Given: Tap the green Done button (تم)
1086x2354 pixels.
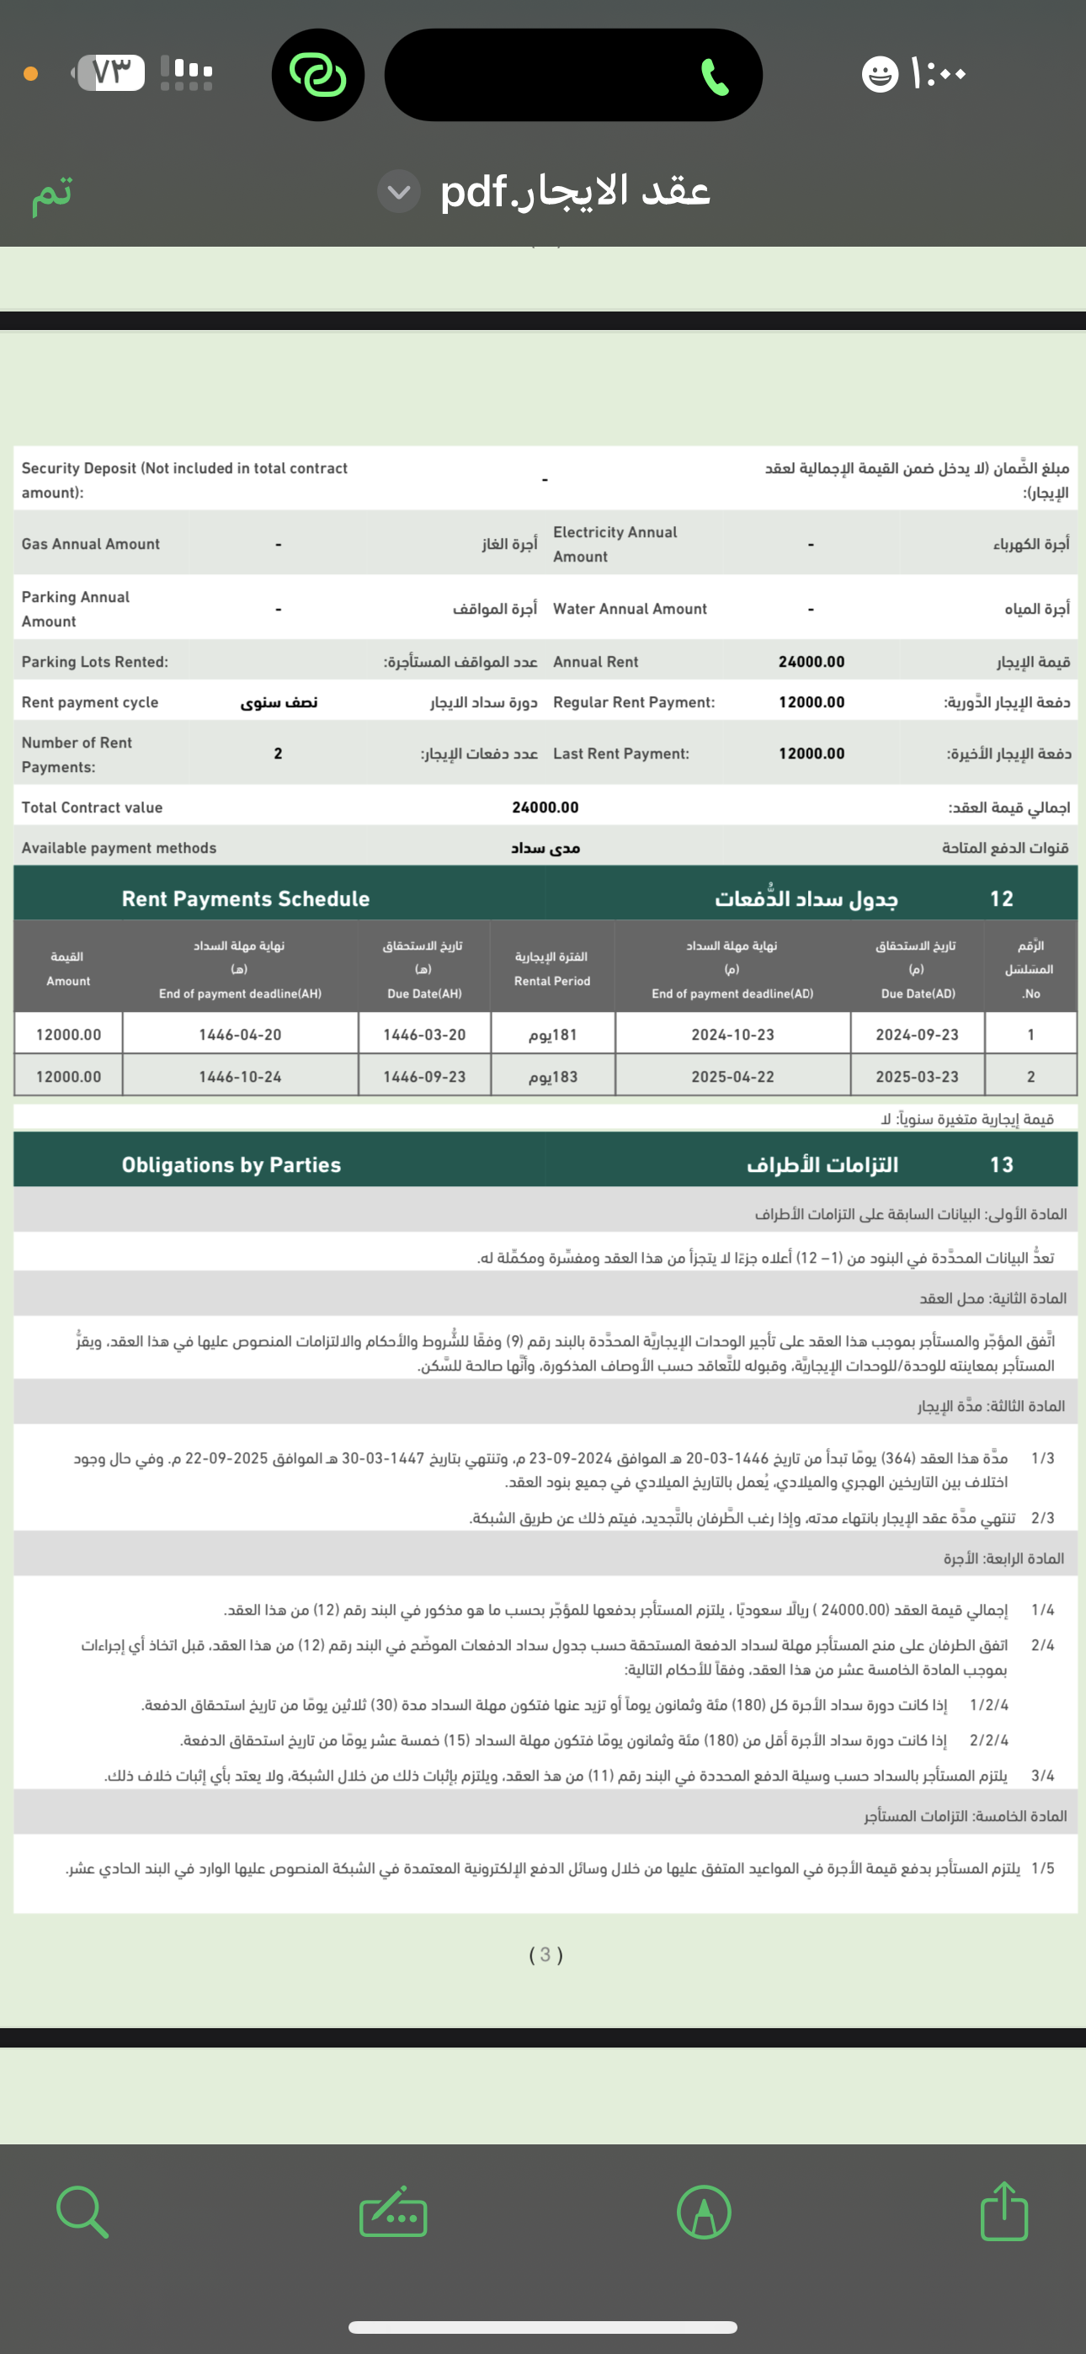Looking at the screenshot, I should point(52,193).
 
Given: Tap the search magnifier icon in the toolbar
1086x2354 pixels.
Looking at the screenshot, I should point(83,2212).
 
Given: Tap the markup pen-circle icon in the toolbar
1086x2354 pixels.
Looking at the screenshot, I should point(703,2213).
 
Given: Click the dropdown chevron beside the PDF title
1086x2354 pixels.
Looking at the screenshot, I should point(398,192).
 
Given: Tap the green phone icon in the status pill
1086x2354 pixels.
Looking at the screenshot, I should point(714,77).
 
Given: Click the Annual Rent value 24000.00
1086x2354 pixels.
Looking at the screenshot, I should point(811,662).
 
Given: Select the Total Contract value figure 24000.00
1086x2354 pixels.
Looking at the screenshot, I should point(545,807).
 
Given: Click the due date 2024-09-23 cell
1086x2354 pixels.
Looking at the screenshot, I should point(917,1035).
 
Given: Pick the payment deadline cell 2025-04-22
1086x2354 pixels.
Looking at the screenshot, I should point(732,1077).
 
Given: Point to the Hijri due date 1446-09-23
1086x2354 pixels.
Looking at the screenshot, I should point(424,1077).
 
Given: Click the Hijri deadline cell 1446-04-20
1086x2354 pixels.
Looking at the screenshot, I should point(239,1035).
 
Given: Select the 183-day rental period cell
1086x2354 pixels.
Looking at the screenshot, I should point(552,1077).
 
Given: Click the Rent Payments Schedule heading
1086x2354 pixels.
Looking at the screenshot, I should point(245,898).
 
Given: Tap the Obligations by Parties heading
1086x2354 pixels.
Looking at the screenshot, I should point(232,1164).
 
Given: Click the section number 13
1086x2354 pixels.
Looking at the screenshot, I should point(1001,1164).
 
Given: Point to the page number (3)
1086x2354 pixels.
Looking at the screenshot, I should point(546,1955).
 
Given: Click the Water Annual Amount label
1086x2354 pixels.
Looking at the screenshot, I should point(630,609).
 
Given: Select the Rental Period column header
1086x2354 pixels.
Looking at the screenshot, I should point(552,969).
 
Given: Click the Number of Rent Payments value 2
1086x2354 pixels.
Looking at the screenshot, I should point(278,753).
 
